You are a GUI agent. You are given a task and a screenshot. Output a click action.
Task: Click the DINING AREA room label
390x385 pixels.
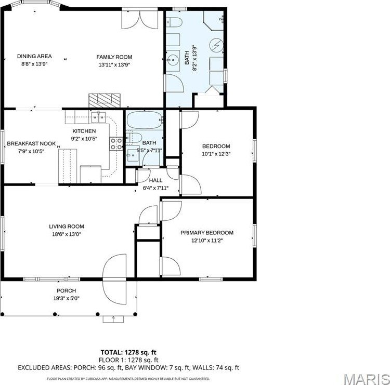click(x=34, y=57)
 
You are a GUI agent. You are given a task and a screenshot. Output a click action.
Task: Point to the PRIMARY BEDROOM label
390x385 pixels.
click(x=206, y=233)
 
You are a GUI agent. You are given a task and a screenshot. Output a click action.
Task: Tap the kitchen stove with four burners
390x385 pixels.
click(x=116, y=143)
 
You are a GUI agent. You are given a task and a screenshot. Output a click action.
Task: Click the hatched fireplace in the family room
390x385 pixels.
click(x=104, y=99)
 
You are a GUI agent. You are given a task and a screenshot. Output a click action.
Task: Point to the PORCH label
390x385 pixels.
click(x=66, y=290)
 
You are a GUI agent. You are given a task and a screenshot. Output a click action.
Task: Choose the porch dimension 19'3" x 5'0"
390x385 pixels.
click(x=66, y=298)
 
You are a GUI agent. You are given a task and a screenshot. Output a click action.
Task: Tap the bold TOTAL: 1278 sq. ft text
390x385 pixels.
click(x=128, y=352)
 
